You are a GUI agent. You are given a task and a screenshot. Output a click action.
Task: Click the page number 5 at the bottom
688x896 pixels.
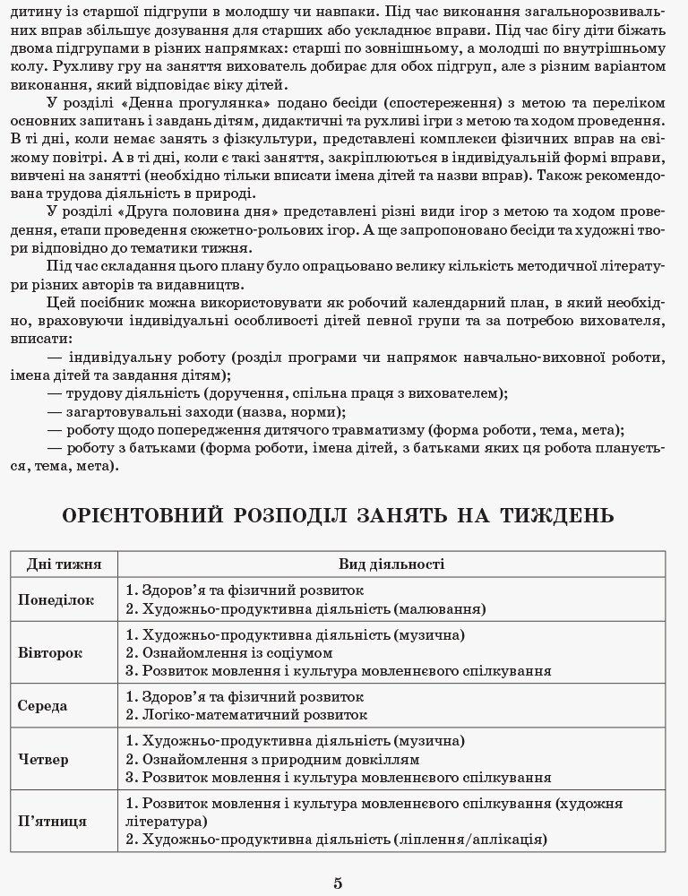pos(338,883)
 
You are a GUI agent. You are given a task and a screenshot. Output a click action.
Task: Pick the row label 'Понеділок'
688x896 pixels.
pos(56,600)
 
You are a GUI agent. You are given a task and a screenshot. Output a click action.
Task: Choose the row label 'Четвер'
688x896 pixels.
pos(43,759)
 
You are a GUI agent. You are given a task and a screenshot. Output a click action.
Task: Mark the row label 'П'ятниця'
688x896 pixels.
pos(52,820)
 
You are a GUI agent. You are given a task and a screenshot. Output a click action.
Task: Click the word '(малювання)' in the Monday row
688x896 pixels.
pos(439,609)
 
